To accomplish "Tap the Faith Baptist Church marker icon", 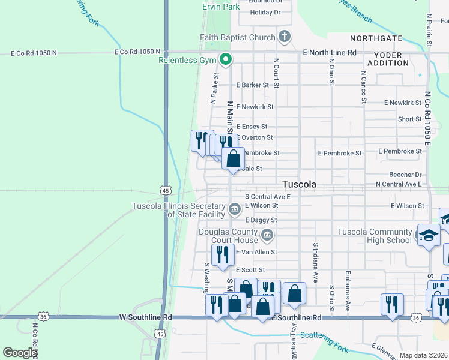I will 285,37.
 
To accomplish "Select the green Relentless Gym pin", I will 226,59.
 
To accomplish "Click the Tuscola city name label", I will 300,184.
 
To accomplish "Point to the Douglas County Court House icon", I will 268,235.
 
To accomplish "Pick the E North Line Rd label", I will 330,53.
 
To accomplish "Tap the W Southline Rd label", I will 146,317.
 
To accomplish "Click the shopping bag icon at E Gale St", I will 234,159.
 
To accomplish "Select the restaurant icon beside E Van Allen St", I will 223,254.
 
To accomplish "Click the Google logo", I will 20,353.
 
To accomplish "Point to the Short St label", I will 409,119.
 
